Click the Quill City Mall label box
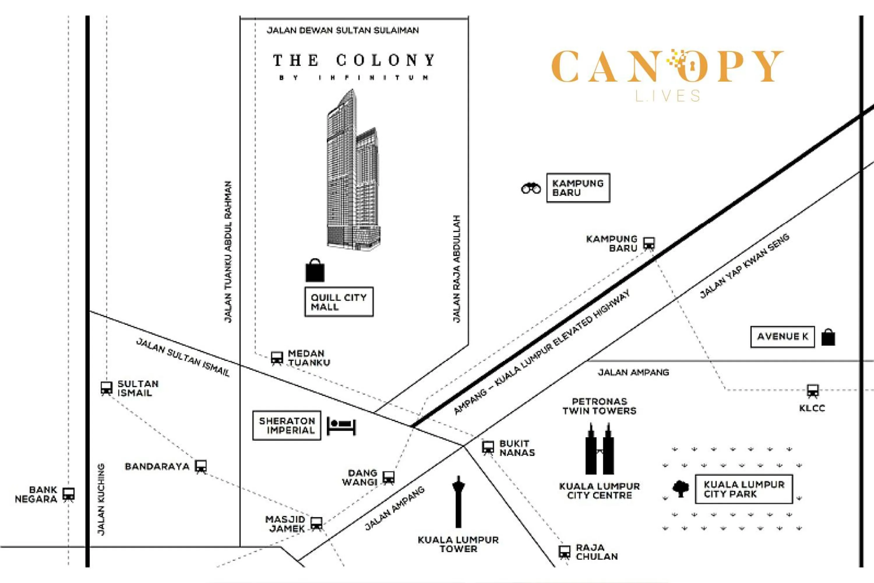tap(339, 302)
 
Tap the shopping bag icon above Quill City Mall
tap(315, 271)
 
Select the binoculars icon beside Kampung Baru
tap(531, 189)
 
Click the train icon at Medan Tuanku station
tap(277, 358)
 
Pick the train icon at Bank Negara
tap(68, 494)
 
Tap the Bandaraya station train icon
tap(201, 466)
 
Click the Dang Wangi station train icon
tap(389, 477)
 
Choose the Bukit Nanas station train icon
tap(488, 447)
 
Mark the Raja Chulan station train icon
tap(565, 552)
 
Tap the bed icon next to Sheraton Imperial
tap(341, 426)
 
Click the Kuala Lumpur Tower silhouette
tap(459, 502)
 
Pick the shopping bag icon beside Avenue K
tap(828, 337)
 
